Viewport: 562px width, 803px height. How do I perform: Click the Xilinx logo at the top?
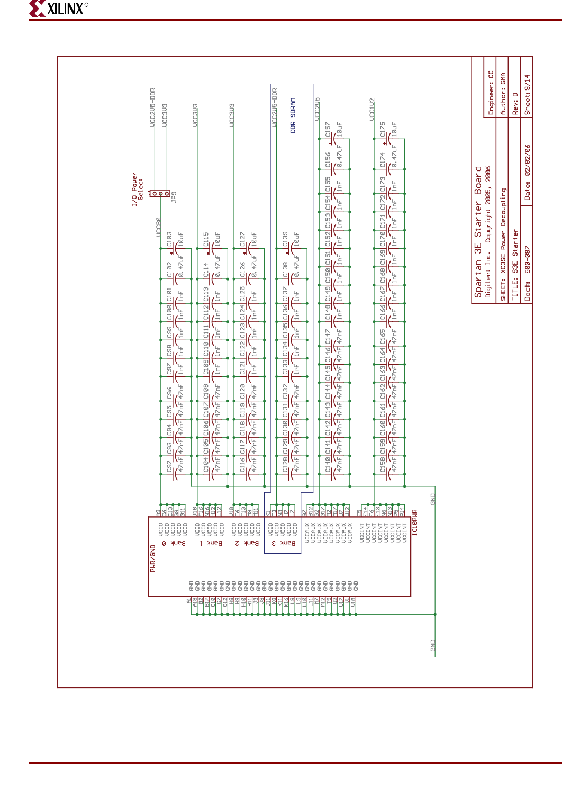[58, 8]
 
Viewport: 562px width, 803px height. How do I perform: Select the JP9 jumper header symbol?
[160, 193]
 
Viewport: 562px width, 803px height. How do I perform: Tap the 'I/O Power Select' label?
[137, 189]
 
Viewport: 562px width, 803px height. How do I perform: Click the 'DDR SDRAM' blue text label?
[293, 115]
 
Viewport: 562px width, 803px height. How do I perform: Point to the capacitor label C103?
[169, 239]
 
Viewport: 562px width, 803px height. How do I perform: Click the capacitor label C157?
[328, 131]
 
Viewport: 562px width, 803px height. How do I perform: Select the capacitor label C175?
[383, 130]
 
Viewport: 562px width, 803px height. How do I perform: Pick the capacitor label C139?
[285, 239]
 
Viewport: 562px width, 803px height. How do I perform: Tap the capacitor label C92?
[169, 466]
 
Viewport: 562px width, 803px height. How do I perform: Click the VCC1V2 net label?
[371, 109]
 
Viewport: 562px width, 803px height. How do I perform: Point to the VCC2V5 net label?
[317, 109]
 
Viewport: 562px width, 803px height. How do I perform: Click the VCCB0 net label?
[158, 227]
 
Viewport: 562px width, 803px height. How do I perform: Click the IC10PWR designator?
[415, 522]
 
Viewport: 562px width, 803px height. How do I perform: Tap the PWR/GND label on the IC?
[153, 558]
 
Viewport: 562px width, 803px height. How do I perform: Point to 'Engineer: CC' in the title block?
[491, 93]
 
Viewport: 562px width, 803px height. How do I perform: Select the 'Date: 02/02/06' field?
[527, 172]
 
